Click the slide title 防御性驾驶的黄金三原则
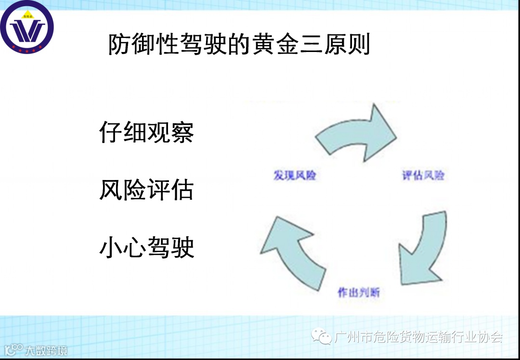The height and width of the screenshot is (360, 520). [239, 44]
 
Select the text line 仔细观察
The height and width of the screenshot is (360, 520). [146, 131]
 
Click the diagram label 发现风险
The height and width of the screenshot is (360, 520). [295, 176]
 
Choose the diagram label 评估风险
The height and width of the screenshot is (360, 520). [423, 176]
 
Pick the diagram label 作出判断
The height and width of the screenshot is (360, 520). [359, 292]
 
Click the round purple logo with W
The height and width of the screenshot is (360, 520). [27, 27]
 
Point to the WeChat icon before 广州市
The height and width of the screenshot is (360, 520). [321, 336]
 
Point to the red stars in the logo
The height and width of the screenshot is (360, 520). [27, 50]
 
